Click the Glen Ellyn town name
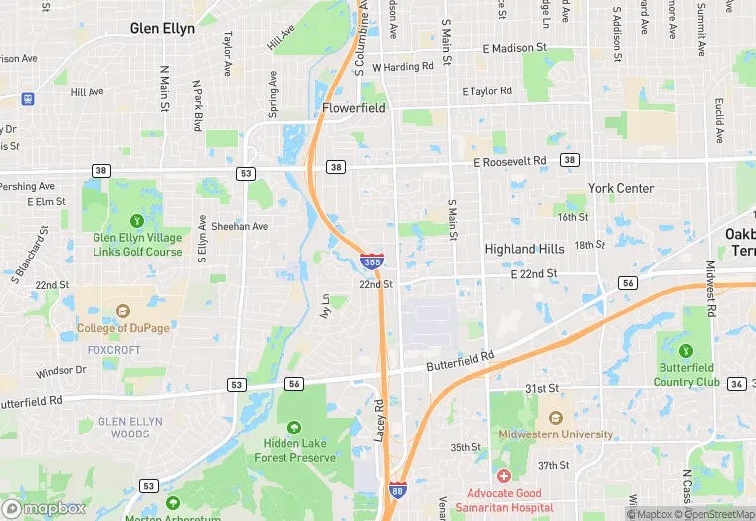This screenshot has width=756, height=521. click(x=162, y=28)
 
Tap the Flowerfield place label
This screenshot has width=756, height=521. click(x=353, y=107)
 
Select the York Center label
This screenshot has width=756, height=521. click(x=621, y=188)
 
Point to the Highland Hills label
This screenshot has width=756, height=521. click(x=524, y=249)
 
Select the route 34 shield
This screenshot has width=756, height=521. click(x=736, y=383)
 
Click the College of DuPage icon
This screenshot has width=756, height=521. click(x=123, y=310)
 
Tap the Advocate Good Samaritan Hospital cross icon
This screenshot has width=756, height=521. click(x=504, y=478)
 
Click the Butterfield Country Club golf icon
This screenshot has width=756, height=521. click(x=685, y=350)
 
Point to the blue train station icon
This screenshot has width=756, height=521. click(x=27, y=99)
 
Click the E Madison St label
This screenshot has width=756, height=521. click(x=515, y=47)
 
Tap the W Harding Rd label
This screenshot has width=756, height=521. click(x=403, y=67)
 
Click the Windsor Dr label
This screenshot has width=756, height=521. click(x=61, y=371)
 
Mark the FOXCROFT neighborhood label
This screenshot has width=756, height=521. click(x=112, y=349)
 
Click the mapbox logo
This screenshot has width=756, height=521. click(x=45, y=507)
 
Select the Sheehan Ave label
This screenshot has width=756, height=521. click(x=243, y=226)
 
